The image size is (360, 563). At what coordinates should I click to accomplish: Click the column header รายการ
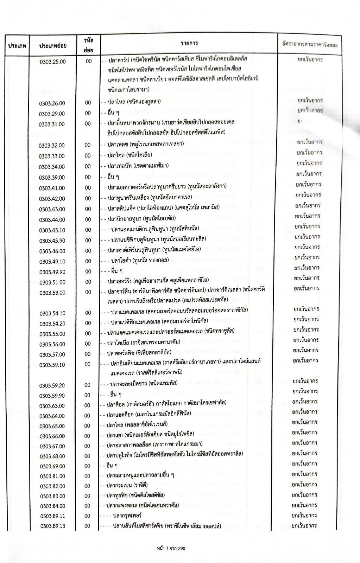coord(189,43)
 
